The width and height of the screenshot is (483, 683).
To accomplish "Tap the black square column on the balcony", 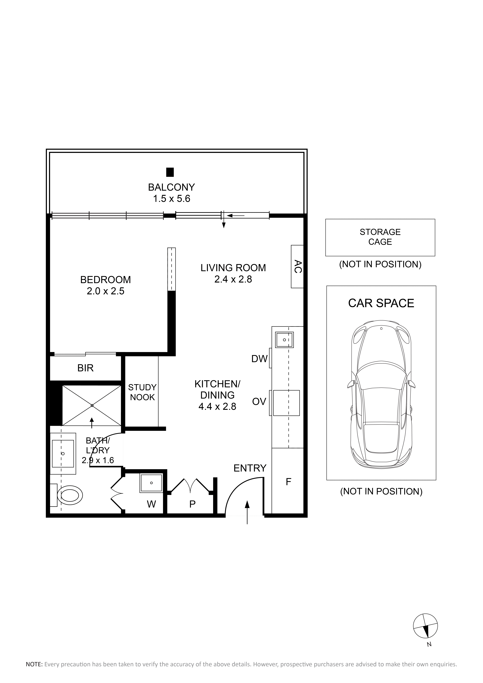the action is (x=170, y=172).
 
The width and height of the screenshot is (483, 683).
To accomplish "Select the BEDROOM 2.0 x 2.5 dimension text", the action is (x=106, y=291).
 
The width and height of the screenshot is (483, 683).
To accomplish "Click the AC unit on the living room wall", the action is (x=297, y=267).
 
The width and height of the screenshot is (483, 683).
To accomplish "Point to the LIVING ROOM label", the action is (x=233, y=268).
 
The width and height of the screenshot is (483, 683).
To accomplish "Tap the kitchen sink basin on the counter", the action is (x=284, y=340).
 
